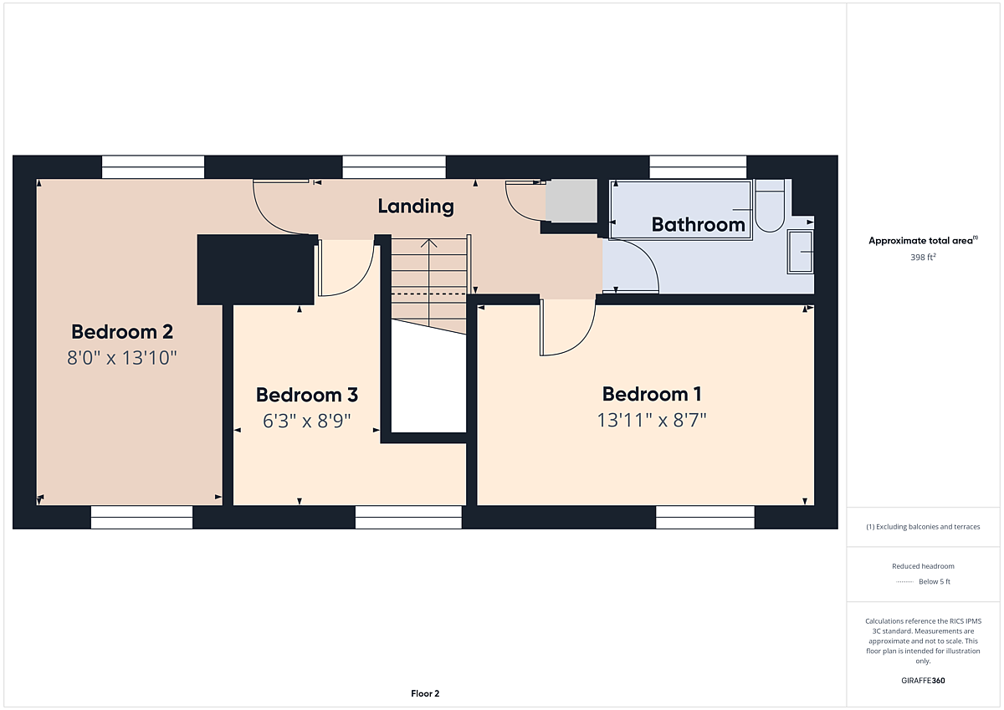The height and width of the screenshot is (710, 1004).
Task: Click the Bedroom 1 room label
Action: click(x=652, y=394)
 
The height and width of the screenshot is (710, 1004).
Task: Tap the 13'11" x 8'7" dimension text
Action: click(x=652, y=420)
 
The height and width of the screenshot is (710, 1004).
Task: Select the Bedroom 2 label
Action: click(x=122, y=332)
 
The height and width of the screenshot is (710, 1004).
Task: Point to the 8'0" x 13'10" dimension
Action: click(x=122, y=358)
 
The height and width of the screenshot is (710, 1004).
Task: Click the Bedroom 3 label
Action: click(x=307, y=395)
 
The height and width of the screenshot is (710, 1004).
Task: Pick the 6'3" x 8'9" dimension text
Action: click(x=306, y=421)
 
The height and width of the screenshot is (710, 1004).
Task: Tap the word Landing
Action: click(x=416, y=207)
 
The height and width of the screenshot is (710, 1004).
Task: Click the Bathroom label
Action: click(x=699, y=224)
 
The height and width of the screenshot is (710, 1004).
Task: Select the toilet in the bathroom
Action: click(x=770, y=206)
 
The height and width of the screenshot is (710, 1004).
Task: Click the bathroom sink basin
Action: click(x=801, y=252)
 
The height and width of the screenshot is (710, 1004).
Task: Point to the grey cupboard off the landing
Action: click(x=571, y=200)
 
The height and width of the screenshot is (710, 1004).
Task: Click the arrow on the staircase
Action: click(x=429, y=283)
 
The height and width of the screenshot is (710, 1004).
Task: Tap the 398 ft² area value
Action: click(x=923, y=257)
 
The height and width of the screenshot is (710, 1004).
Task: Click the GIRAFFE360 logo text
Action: click(x=923, y=681)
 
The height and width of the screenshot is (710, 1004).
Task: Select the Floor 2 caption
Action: click(x=425, y=693)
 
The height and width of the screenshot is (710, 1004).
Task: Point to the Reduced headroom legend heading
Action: click(x=923, y=566)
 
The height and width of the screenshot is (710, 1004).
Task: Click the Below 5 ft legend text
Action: click(x=935, y=581)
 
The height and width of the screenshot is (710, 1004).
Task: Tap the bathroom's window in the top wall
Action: click(x=698, y=167)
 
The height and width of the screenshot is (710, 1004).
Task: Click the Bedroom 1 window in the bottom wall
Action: click(x=705, y=518)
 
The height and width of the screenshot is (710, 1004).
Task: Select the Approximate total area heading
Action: click(x=923, y=241)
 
